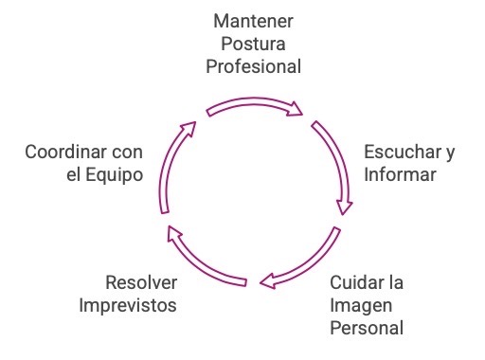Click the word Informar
click(x=399, y=174)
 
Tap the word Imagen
click(x=358, y=305)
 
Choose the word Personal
click(x=368, y=329)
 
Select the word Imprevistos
click(x=128, y=305)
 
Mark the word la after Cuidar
click(x=397, y=282)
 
